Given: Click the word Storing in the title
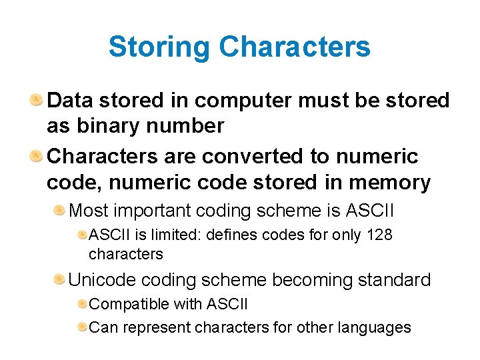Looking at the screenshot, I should coord(159,47).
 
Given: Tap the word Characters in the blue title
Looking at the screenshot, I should coord(294,47).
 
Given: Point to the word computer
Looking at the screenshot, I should coord(242,101).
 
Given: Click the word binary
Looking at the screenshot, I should coord(104,126).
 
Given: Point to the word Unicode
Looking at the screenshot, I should coord(100,280).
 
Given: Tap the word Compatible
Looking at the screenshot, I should coord(129,304).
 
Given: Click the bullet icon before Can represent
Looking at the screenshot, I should coord(82,327).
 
